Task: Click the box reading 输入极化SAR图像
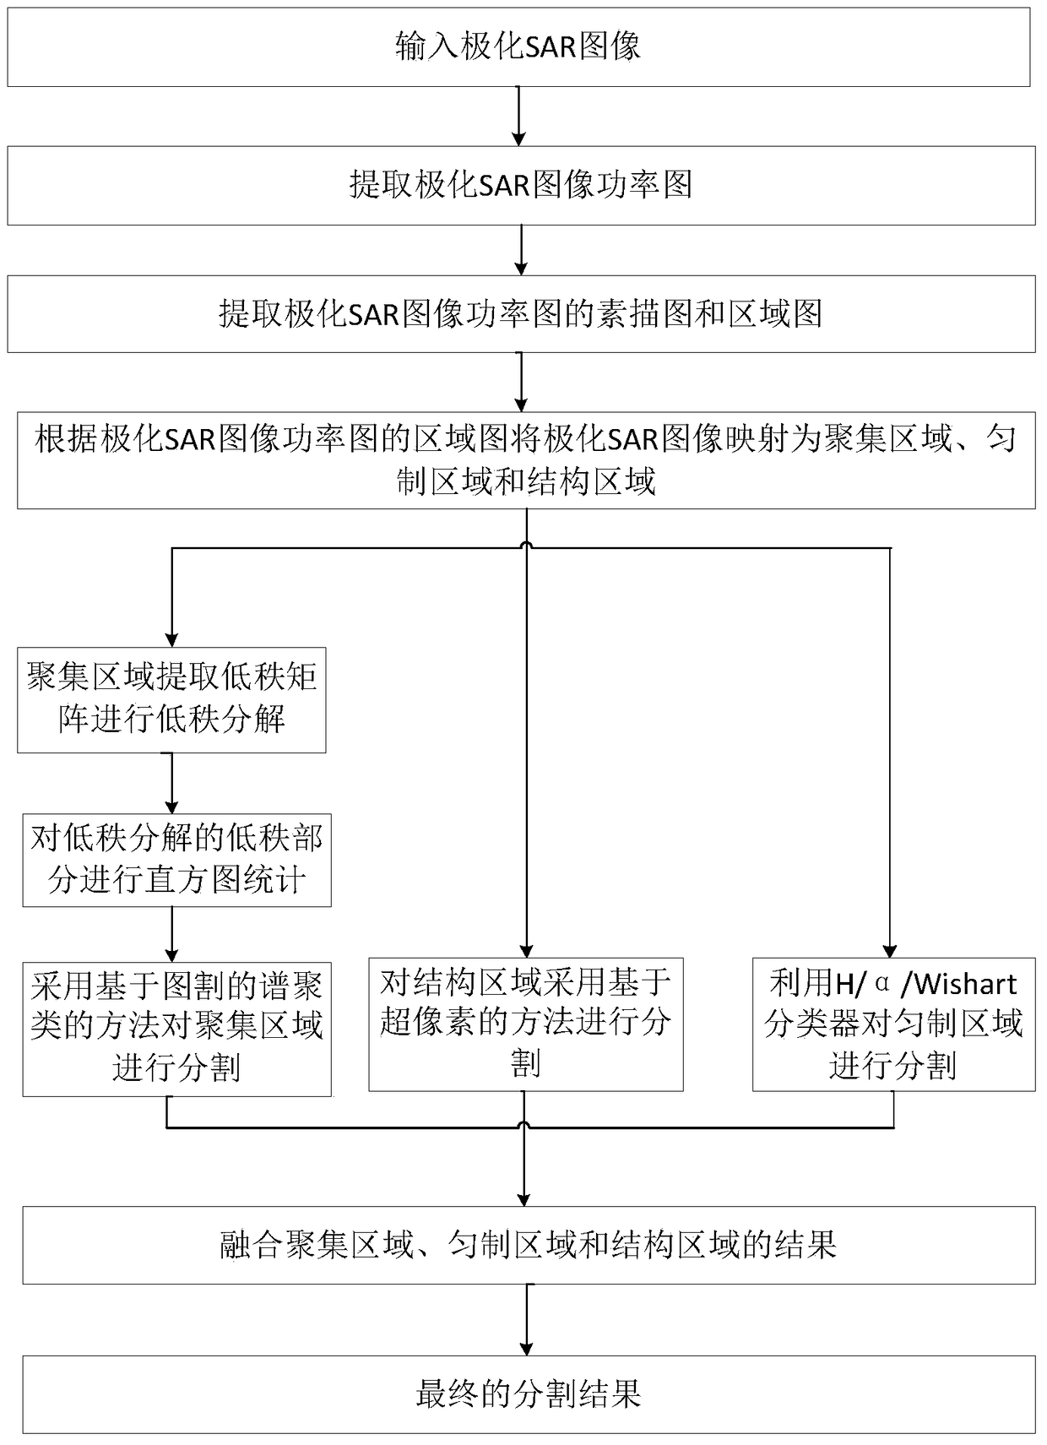tap(518, 46)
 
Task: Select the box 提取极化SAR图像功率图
tap(521, 185)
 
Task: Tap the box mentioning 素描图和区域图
tap(521, 314)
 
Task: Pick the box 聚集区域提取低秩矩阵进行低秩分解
tap(171, 699)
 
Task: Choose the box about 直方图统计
tap(176, 860)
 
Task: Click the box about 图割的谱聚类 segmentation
tap(176, 1028)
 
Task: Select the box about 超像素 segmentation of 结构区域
tap(525, 1024)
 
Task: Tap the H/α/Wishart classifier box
tap(893, 1024)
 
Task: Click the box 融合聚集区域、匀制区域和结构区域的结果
tap(529, 1245)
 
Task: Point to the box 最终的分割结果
tap(529, 1394)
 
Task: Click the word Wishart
tap(966, 984)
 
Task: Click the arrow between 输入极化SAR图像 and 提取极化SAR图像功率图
tap(518, 116)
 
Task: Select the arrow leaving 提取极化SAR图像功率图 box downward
tap(522, 250)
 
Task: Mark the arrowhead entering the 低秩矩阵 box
tap(172, 639)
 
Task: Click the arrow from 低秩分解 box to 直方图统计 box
tap(172, 783)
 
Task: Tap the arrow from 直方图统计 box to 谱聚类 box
tap(172, 934)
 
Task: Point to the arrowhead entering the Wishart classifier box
tap(890, 949)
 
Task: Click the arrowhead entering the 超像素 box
tap(526, 949)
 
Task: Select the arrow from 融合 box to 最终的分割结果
tap(527, 1320)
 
